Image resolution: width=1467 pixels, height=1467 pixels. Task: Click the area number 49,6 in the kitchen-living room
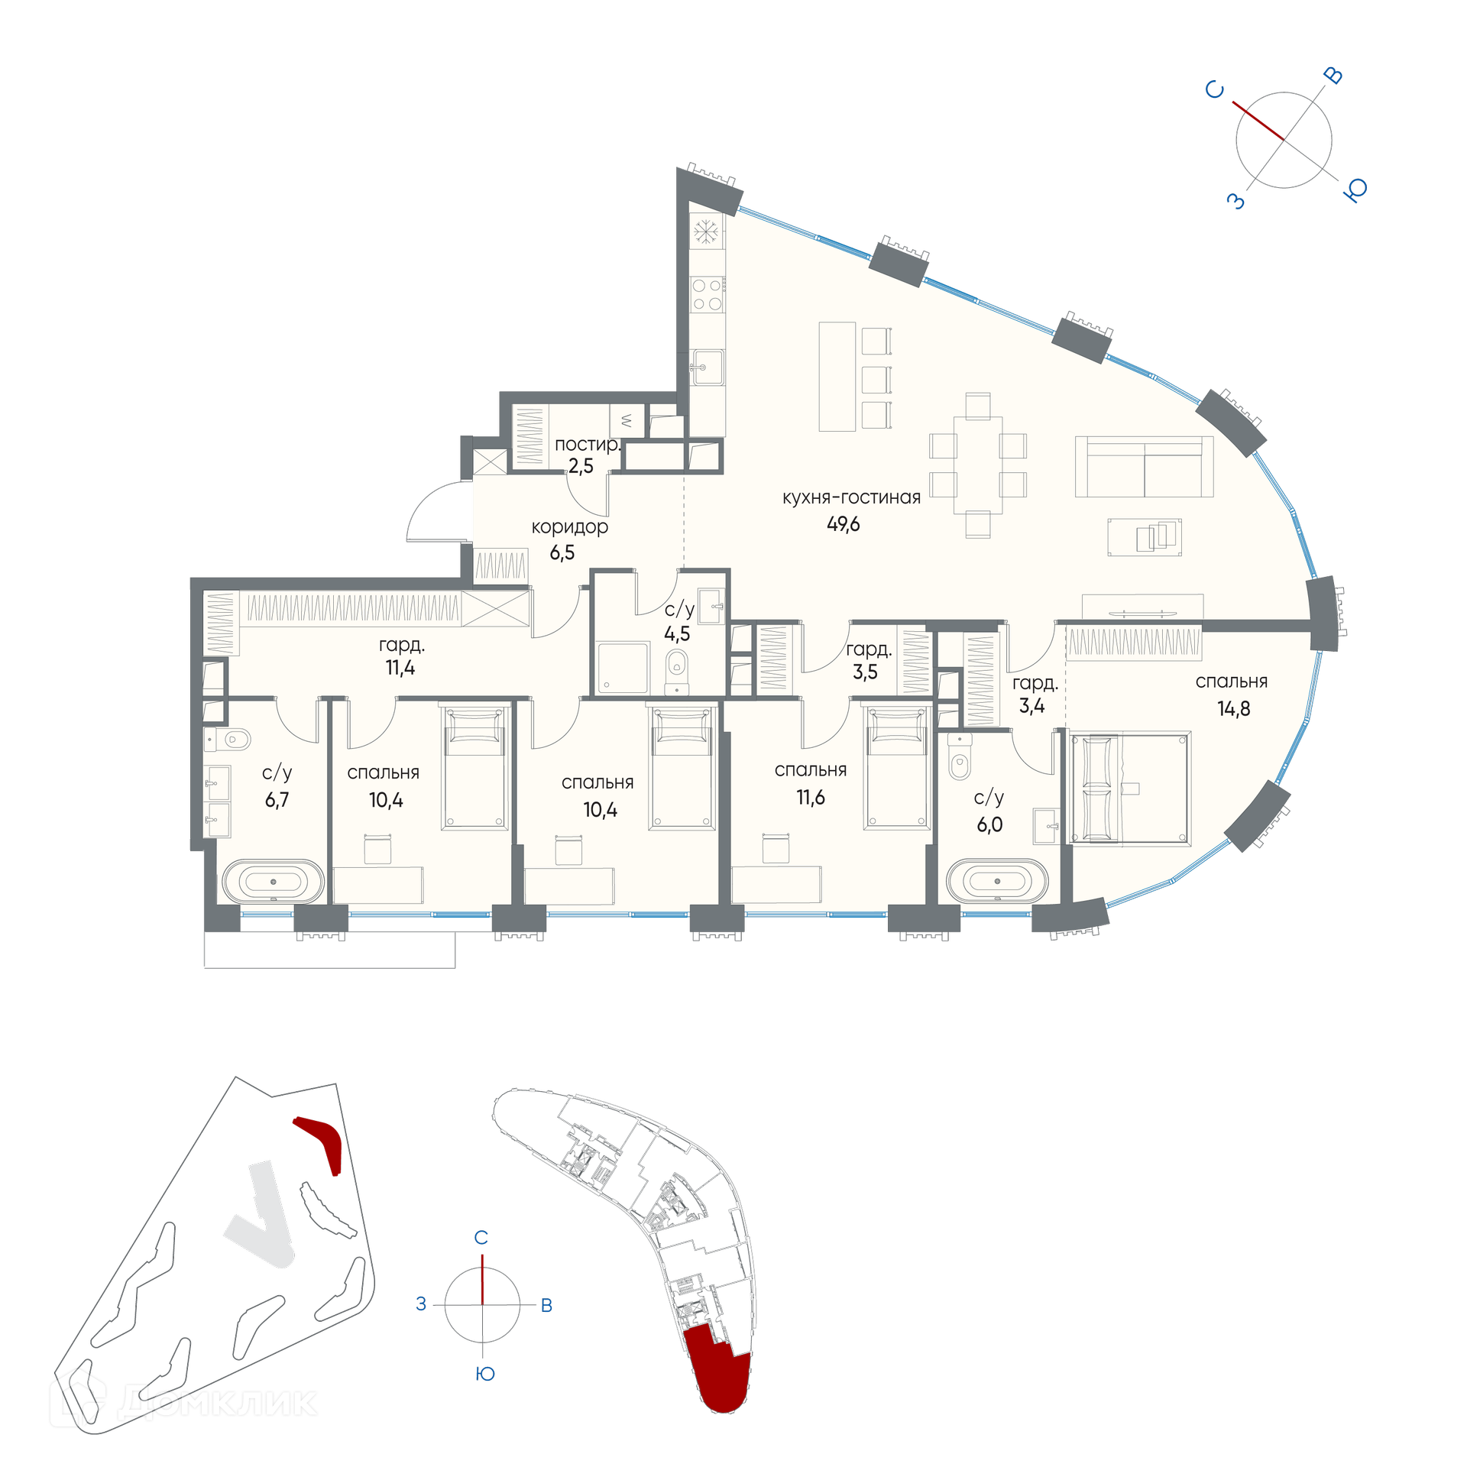coord(843,524)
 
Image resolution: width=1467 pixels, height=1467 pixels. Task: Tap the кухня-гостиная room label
coord(851,497)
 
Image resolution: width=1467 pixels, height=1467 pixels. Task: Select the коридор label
coord(570,526)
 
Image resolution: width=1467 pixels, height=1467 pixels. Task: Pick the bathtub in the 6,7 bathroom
coord(273,882)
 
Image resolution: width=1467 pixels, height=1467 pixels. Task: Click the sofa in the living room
coord(1144,466)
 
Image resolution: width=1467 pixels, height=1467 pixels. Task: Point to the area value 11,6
coord(811,798)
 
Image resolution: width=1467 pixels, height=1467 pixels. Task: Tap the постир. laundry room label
coord(587,444)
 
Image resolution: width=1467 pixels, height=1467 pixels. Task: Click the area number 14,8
coord(1234,709)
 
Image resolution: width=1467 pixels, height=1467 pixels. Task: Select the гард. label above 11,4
coord(401,646)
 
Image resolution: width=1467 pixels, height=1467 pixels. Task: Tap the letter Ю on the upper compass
coord(1355,189)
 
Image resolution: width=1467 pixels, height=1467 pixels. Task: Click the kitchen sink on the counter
coord(707,368)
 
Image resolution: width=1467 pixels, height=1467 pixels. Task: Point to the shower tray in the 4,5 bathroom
coord(623,668)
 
